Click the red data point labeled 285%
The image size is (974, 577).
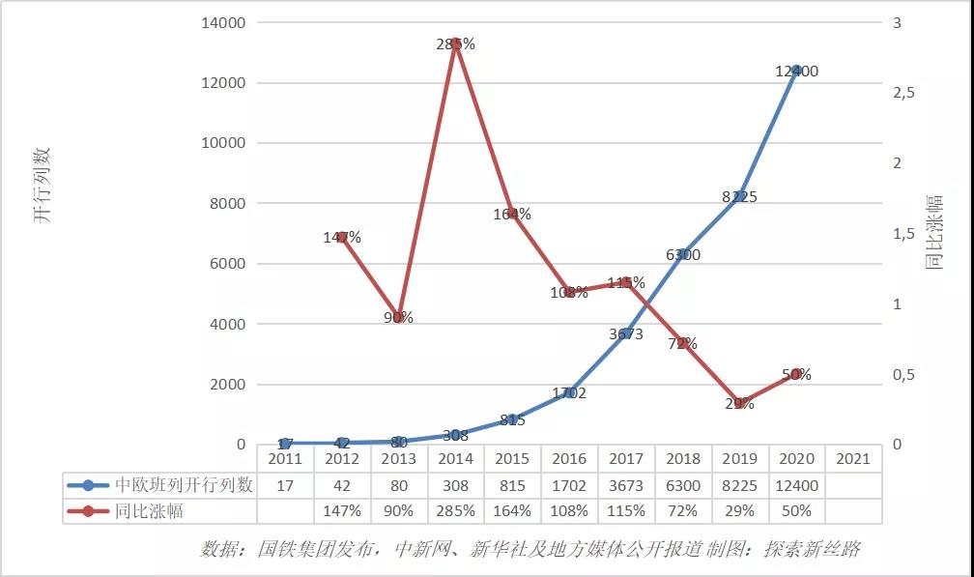tap(456, 43)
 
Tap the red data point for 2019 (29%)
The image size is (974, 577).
tap(739, 403)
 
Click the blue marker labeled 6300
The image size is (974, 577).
tap(683, 254)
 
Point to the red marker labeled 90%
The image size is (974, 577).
tap(399, 317)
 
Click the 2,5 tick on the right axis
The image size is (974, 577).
tap(902, 93)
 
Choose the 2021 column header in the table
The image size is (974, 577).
tap(853, 459)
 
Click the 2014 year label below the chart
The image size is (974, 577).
tap(456, 459)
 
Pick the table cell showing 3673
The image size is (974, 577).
tap(626, 485)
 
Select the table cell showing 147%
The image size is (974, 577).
tap(342, 511)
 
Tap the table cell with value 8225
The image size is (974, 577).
tap(739, 485)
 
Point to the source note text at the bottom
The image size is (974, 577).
tap(530, 550)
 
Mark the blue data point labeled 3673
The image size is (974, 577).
tap(626, 333)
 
